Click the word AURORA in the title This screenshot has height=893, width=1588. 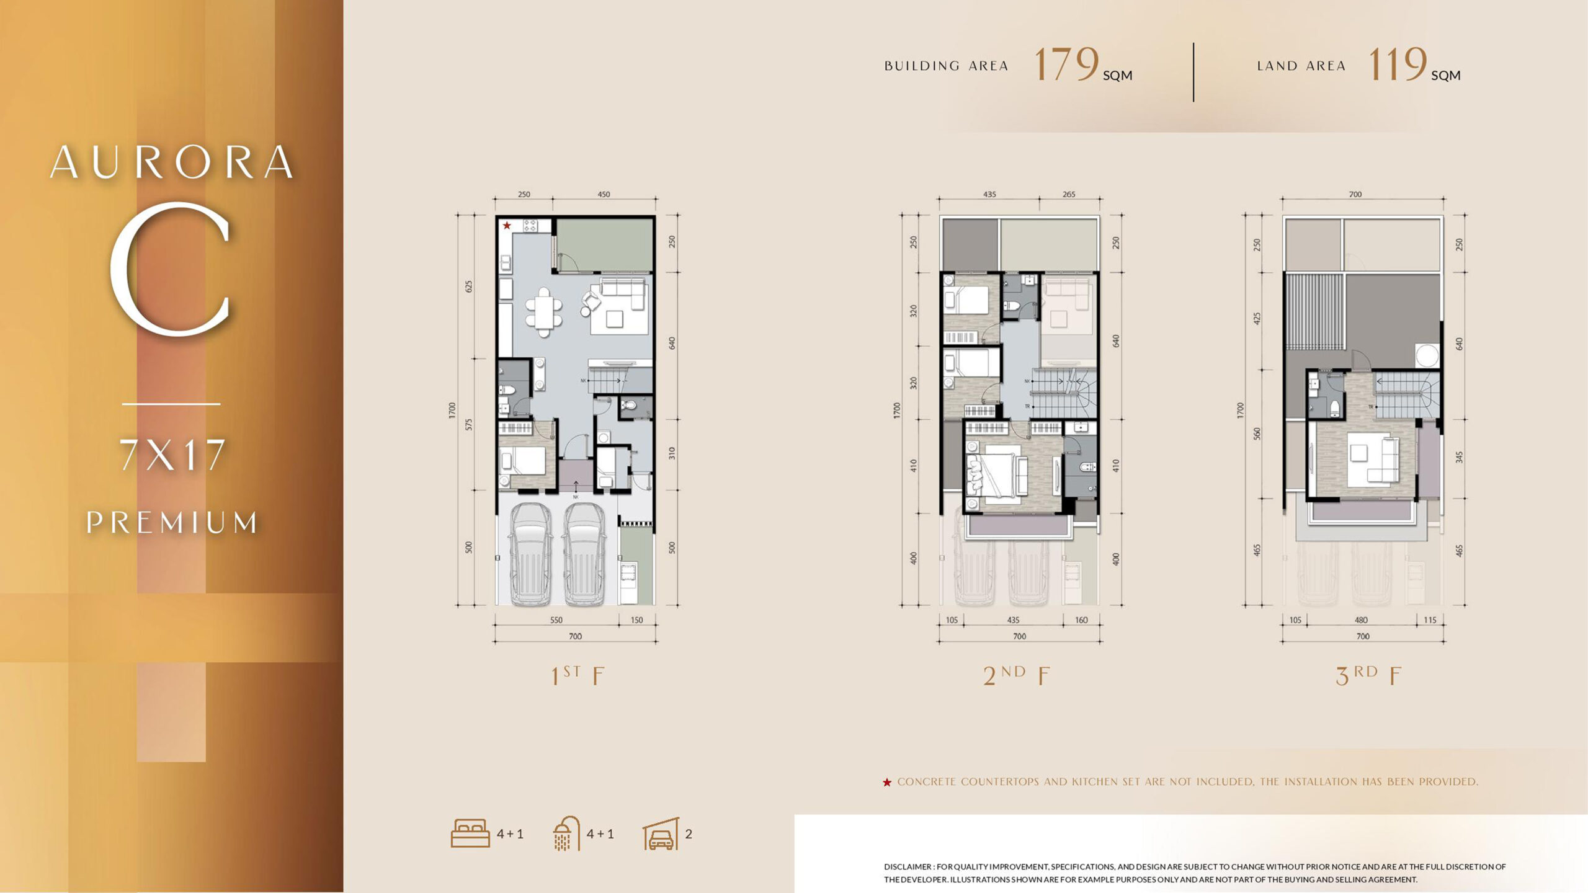coord(172,162)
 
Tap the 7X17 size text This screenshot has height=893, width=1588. coord(172,455)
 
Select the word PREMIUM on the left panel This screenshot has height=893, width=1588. coord(172,522)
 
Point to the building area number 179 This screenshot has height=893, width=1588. coord(1066,64)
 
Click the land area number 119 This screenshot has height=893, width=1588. coord(1397,64)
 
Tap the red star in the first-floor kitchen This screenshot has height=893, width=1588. coord(507,225)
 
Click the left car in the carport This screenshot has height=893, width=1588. coord(530,553)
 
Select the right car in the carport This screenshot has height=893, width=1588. coord(584,553)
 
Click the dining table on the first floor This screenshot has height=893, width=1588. coord(544,312)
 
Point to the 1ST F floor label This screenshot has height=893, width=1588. coord(578,675)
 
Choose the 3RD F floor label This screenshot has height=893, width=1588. coord(1368,675)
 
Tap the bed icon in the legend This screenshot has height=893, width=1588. coord(470,833)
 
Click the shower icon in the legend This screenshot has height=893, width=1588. coord(566,833)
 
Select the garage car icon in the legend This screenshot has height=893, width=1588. coord(661,834)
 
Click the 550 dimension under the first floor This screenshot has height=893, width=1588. coord(556,620)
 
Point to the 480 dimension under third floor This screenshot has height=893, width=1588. coord(1361,620)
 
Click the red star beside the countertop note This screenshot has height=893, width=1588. coord(887,783)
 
